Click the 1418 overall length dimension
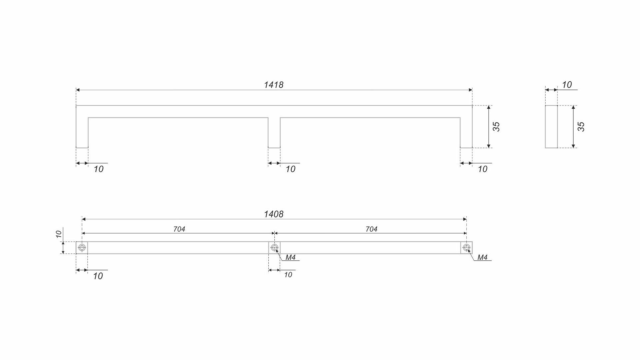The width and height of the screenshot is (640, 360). click(x=274, y=85)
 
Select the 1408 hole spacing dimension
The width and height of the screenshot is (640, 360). click(x=274, y=214)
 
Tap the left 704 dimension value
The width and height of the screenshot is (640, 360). click(x=179, y=229)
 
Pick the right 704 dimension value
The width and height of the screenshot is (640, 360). click(x=371, y=229)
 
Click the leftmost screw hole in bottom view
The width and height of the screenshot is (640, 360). click(x=82, y=248)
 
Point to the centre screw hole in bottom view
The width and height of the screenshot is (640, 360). click(x=274, y=248)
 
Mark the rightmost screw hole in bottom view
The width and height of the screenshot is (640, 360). click(x=466, y=248)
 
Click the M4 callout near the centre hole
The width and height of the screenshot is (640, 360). click(x=290, y=257)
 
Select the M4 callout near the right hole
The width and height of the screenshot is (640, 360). click(x=482, y=257)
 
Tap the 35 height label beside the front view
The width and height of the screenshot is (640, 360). click(x=496, y=127)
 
